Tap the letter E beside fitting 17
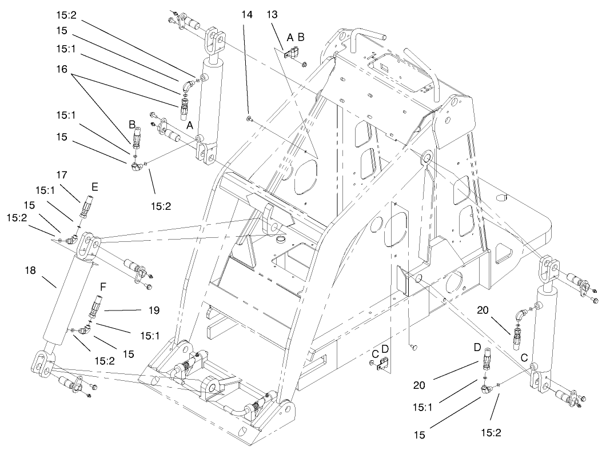[94, 186]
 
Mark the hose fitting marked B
[136, 139]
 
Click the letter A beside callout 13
[290, 37]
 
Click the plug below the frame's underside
[413, 346]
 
